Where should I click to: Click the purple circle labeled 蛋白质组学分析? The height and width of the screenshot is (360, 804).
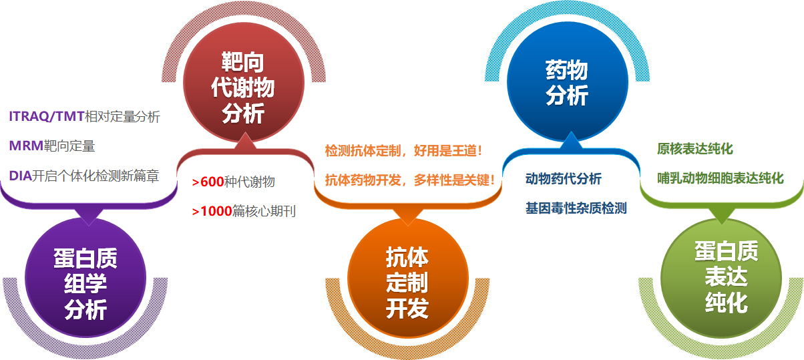(x=85, y=278)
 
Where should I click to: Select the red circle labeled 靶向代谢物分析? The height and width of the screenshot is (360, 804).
(x=244, y=82)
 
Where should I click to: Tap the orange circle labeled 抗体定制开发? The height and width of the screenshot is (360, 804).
(x=408, y=278)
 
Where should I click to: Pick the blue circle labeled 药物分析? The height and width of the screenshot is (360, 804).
(x=568, y=82)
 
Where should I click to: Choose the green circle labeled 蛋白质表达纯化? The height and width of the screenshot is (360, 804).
(x=721, y=278)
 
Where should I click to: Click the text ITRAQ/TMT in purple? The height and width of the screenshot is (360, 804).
(x=47, y=117)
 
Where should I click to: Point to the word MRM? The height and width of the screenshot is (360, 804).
(x=26, y=146)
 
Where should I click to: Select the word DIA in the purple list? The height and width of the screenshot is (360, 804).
(x=21, y=176)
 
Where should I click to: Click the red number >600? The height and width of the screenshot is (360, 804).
(x=208, y=182)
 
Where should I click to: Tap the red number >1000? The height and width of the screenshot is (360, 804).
(x=212, y=212)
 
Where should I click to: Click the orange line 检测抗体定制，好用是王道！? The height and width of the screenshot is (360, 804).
(x=404, y=151)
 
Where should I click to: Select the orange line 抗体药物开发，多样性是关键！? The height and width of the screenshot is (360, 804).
(x=410, y=180)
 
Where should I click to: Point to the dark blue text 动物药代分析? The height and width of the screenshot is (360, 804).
(x=564, y=179)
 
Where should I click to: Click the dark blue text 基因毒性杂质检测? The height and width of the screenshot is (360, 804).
(x=576, y=208)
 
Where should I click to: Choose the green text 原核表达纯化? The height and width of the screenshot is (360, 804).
(x=695, y=148)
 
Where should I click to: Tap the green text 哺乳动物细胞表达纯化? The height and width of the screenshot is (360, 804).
(x=721, y=178)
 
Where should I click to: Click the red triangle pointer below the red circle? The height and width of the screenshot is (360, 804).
(x=245, y=141)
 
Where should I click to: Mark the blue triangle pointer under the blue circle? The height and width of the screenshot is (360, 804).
(x=571, y=140)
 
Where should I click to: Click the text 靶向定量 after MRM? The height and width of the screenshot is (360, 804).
(x=69, y=146)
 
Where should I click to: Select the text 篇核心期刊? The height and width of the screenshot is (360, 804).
(x=264, y=212)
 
